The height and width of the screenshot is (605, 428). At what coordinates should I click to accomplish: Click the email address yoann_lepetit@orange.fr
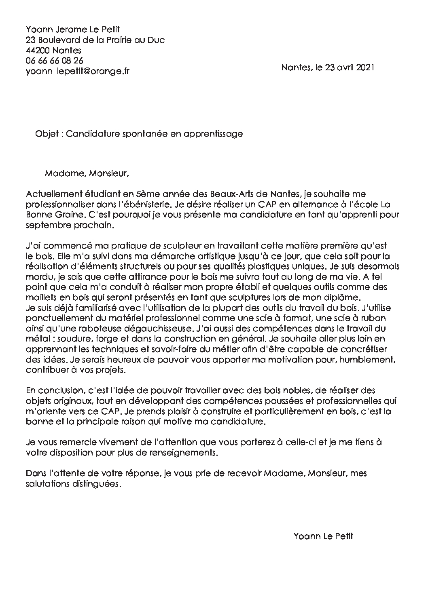77,71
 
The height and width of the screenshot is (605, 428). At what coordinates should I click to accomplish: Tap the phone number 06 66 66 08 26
54,61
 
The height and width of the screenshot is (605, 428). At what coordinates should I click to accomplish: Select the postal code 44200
37,51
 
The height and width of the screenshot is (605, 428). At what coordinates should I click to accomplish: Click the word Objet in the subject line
47,134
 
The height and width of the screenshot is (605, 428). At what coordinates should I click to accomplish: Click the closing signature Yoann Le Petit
323,536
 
